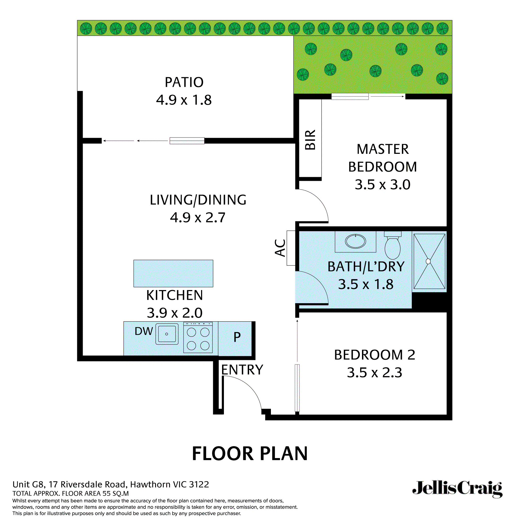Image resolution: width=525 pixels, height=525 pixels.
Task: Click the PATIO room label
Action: tap(184, 82)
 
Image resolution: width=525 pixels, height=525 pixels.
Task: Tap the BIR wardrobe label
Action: tap(310, 140)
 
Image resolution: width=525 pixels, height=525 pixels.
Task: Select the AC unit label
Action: tap(280, 248)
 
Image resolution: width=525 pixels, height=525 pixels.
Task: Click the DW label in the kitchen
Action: tap(144, 331)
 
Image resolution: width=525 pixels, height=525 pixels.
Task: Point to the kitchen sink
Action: tap(167, 334)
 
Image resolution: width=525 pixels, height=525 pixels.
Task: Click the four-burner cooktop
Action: tap(198, 339)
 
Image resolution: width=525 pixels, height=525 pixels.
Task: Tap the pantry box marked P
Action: tap(237, 337)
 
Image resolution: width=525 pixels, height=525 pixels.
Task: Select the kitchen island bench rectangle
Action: tap(173, 273)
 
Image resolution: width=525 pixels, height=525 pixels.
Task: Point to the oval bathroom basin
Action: tap(355, 241)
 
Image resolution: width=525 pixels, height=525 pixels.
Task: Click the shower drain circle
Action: tap(428, 261)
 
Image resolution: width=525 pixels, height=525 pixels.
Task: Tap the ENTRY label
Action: tap(242, 370)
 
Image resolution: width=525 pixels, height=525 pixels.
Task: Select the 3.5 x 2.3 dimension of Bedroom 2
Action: tap(375, 372)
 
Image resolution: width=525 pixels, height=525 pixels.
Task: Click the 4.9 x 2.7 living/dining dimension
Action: tap(198, 217)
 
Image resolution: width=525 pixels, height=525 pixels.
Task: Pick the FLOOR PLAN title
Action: tap(250, 454)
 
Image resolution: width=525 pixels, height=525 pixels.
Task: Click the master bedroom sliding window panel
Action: tap(350, 96)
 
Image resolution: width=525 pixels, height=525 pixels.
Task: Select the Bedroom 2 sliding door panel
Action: tap(297, 388)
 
